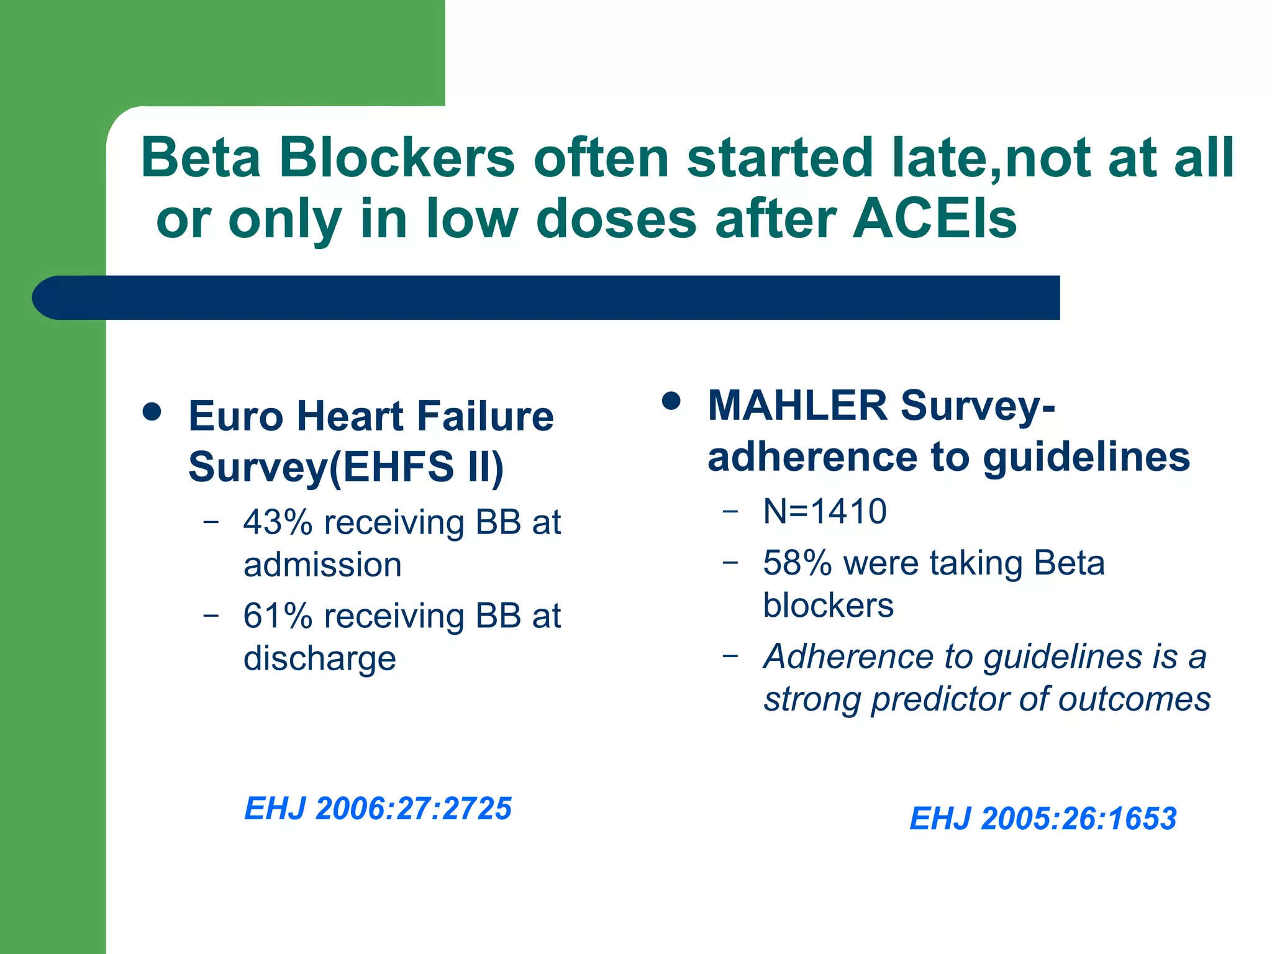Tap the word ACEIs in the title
pos(935,219)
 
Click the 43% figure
pos(278,522)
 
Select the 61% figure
pos(278,616)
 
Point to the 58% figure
pos(797,563)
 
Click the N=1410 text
pos(824,512)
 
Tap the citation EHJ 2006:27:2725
pos(378,809)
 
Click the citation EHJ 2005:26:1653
pos(1043,819)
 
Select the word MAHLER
pos(797,406)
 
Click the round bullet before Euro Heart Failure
pos(152,411)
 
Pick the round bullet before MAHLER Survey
pos(671,401)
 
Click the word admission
pos(322,565)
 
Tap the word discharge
pos(319,659)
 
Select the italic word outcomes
pos(1134,699)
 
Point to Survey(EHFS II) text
pos(346,467)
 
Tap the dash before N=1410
pos(730,511)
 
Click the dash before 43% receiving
pos(211,522)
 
